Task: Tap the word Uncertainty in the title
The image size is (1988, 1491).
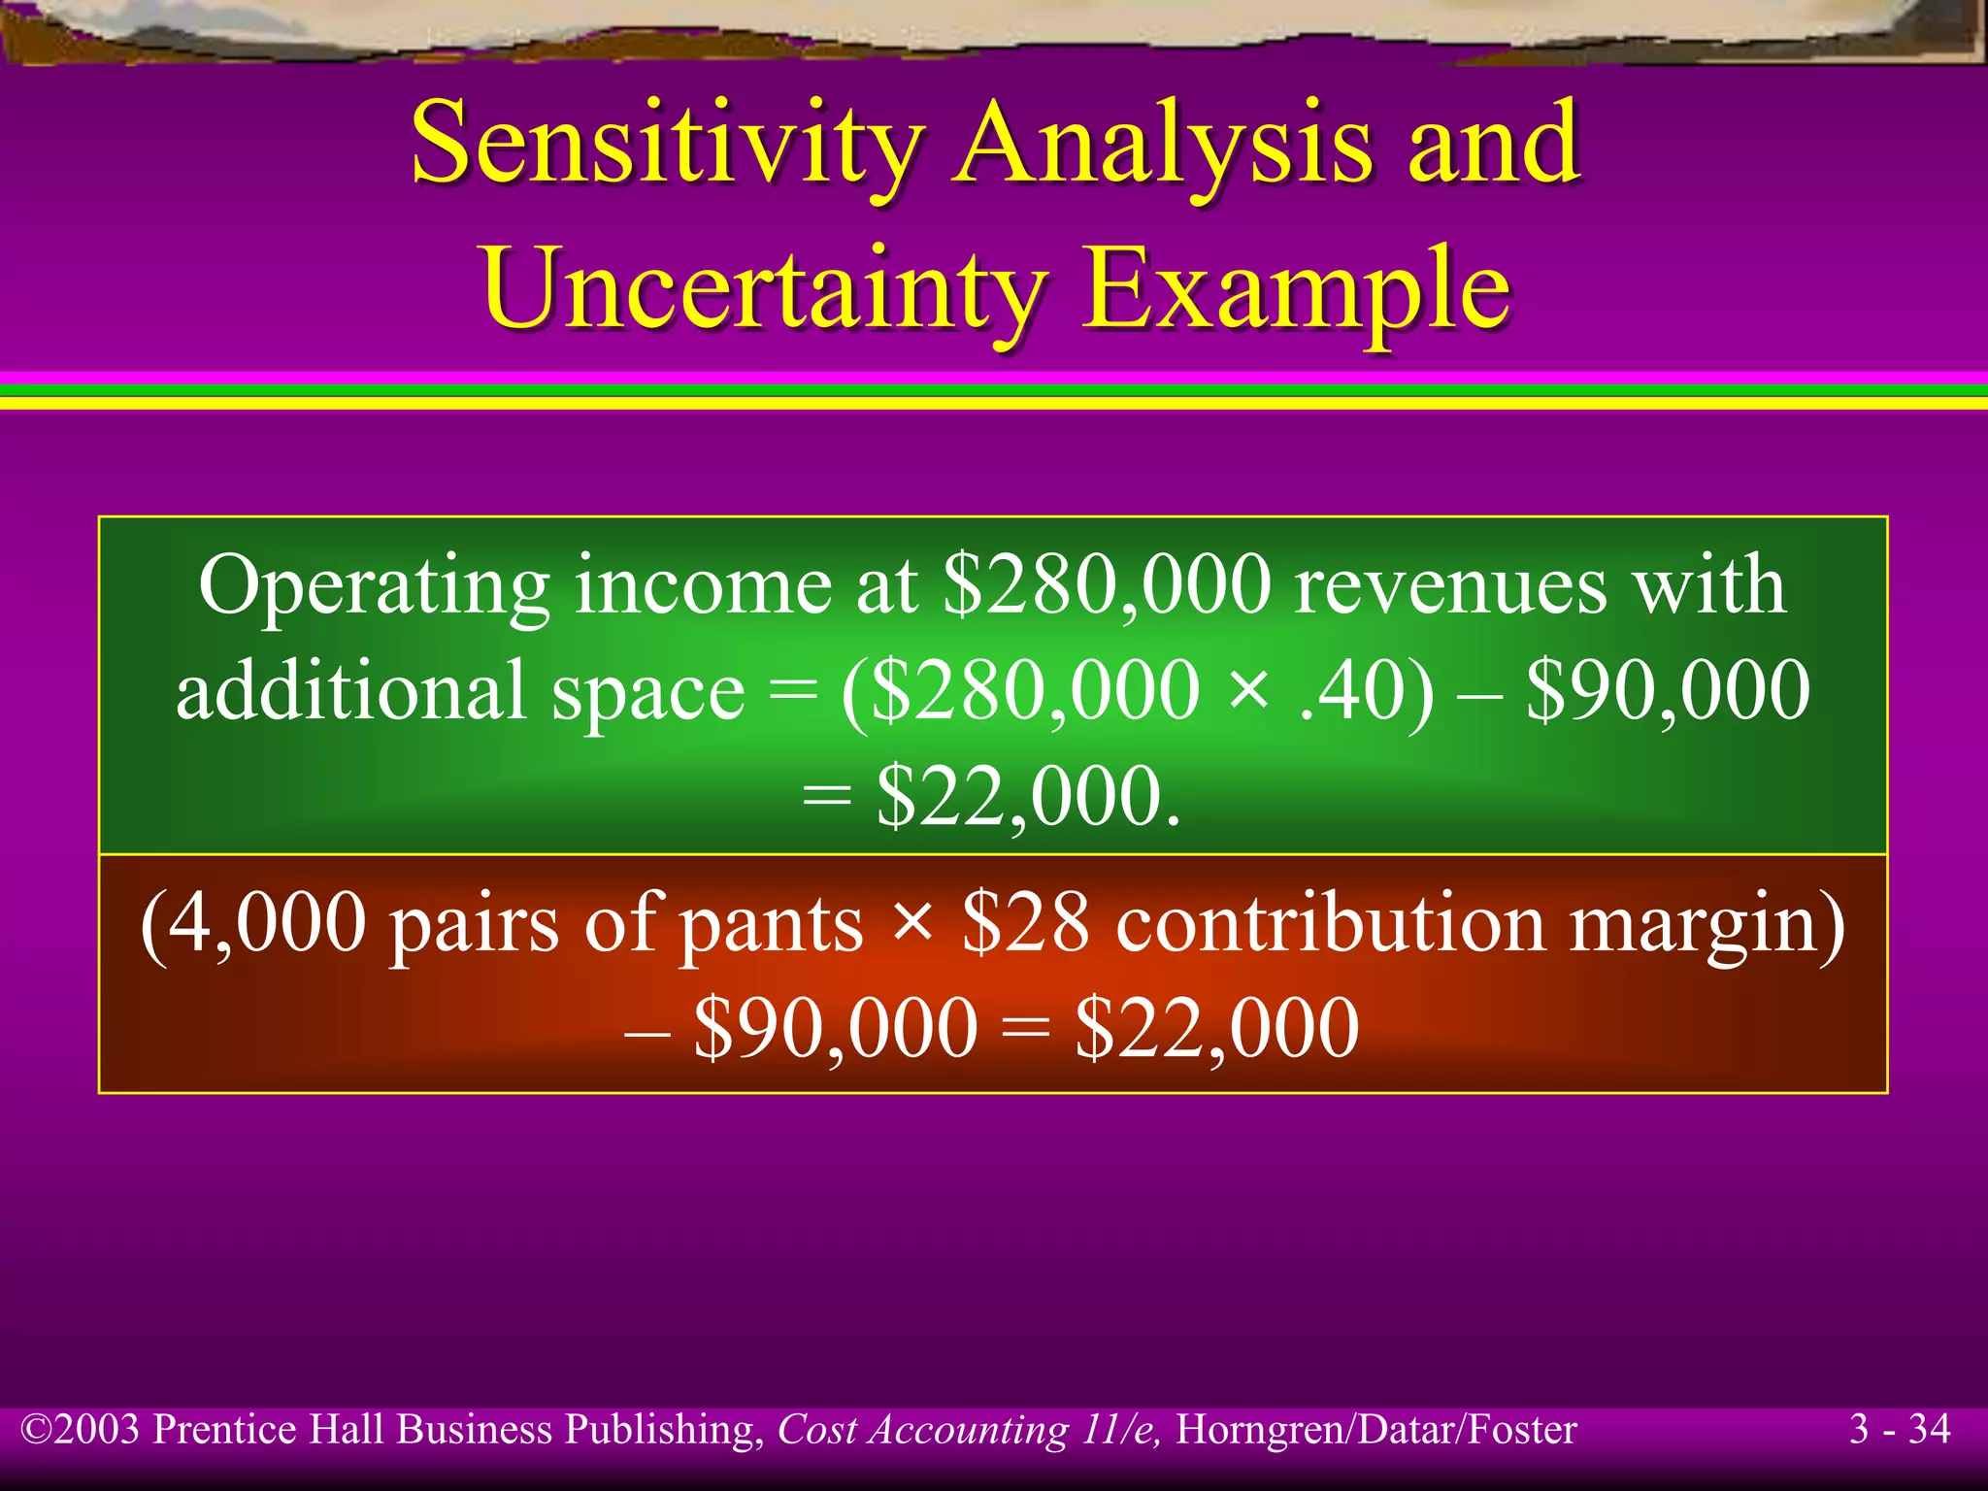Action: pos(763,287)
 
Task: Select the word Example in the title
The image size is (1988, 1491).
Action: pos(1296,287)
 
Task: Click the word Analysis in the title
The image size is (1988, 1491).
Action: pos(1161,144)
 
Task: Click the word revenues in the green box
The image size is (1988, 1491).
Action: pos(1450,585)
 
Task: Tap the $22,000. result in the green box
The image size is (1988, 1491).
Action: pos(1029,796)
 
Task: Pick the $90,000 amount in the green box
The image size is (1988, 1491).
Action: pos(1668,690)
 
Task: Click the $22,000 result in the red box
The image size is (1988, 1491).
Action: pos(1217,1029)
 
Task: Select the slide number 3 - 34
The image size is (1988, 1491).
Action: pos(1899,1430)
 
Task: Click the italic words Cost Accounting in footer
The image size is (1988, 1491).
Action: pos(922,1430)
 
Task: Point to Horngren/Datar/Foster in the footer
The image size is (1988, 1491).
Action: pos(1375,1430)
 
